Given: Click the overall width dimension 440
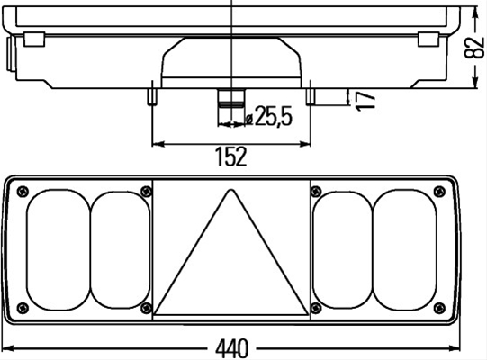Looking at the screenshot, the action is pyautogui.click(x=232, y=348).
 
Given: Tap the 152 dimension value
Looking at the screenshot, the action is pyautogui.click(x=231, y=157).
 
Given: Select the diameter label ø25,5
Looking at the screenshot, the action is pyautogui.click(x=268, y=116).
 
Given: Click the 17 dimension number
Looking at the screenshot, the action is pyautogui.click(x=365, y=102).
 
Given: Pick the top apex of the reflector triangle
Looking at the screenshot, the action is pyautogui.click(x=230, y=190).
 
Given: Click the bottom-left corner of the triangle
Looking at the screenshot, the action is pyautogui.click(x=154, y=314).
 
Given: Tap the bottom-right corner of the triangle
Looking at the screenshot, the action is pyautogui.click(x=308, y=314).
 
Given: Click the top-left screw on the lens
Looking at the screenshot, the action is pyautogui.click(x=23, y=192).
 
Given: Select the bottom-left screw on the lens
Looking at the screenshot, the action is pyautogui.click(x=23, y=308).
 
